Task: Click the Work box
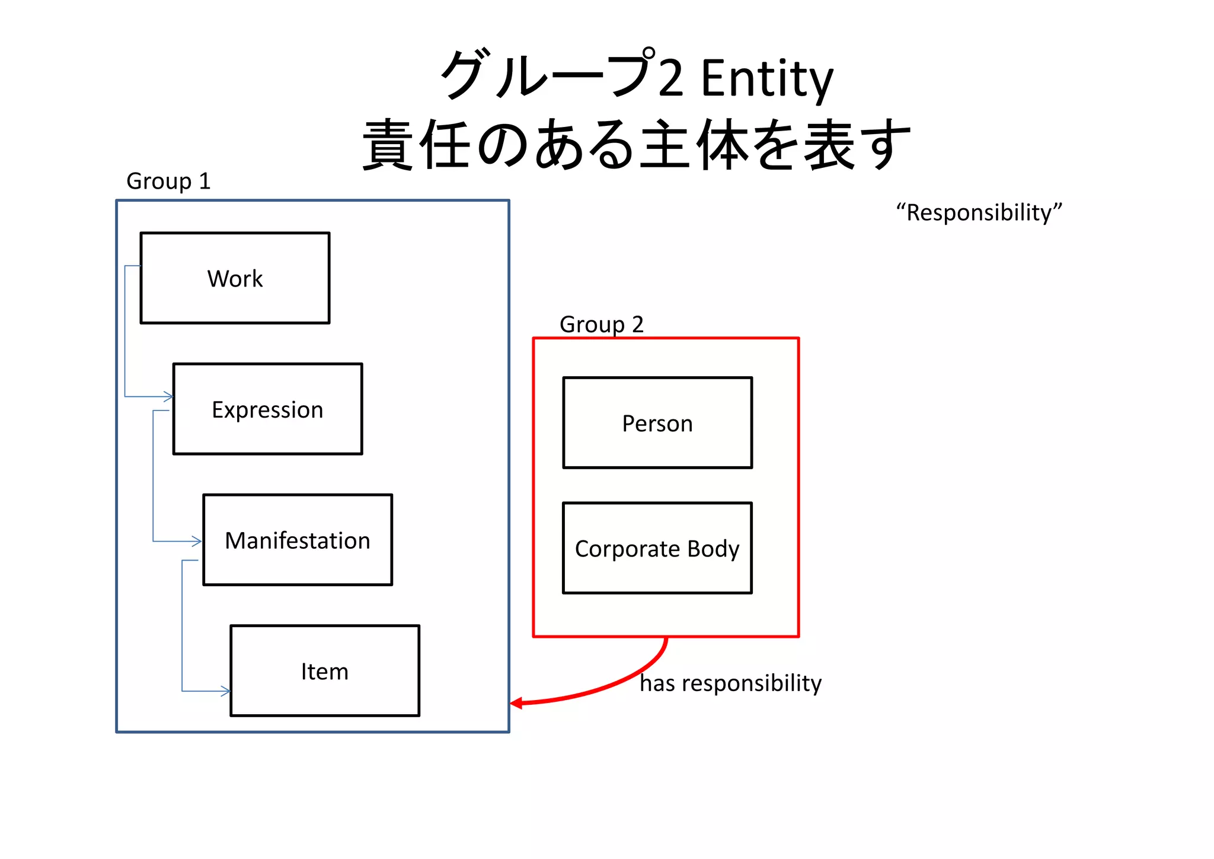point(235,278)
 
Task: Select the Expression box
point(267,409)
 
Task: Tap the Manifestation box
point(298,540)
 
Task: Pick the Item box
point(325,671)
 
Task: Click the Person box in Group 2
point(657,423)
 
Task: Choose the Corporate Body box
point(657,548)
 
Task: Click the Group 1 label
point(168,181)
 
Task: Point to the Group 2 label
point(601,324)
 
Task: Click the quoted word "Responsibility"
point(979,212)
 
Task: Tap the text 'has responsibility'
point(730,683)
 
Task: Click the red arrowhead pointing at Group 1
point(516,703)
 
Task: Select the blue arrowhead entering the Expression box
point(169,396)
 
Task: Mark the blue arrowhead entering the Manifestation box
point(197,541)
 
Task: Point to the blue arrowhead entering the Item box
point(225,691)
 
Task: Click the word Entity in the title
point(767,78)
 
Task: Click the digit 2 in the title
point(671,79)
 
